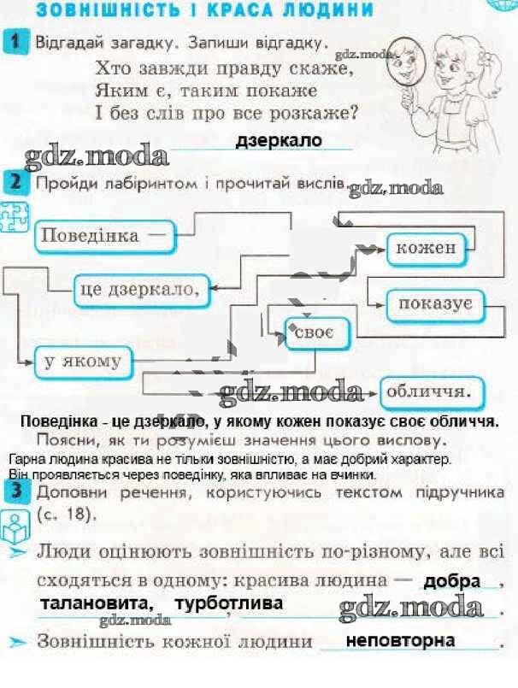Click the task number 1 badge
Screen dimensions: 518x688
coord(15,42)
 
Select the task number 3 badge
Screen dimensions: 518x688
coord(18,491)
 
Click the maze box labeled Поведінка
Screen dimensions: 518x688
coord(104,237)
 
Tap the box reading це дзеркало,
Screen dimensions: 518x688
coord(142,290)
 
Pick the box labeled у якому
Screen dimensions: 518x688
coord(83,362)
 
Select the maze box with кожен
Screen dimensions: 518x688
coord(427,250)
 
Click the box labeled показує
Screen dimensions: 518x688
coord(435,305)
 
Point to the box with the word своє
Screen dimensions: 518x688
coord(317,333)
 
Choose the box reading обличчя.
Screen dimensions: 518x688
coord(432,392)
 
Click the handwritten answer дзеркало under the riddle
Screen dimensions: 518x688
coord(279,141)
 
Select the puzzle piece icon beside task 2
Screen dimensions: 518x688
coord(14,216)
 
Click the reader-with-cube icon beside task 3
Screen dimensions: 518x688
coord(15,529)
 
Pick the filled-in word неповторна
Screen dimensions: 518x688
coord(400,641)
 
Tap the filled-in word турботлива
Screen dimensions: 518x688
coord(229,603)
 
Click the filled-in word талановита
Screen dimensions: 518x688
coord(97,603)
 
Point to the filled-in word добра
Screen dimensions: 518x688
coord(451,582)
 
